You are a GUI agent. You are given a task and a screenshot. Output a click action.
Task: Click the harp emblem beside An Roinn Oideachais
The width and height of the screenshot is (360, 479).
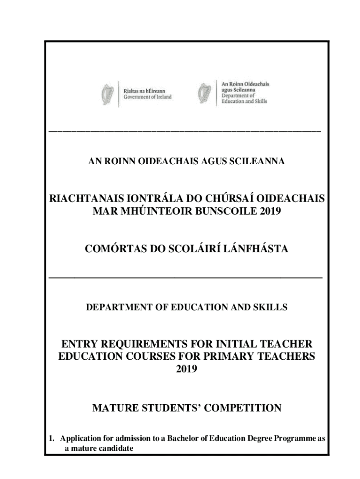point(203,93)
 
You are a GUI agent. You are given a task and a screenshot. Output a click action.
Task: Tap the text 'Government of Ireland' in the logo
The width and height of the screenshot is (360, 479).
point(147,97)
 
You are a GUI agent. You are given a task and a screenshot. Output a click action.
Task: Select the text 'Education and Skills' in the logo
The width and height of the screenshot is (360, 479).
point(244,101)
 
